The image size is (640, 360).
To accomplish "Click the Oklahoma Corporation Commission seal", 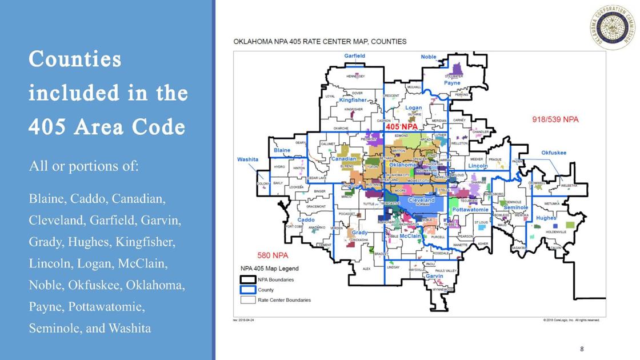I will click(613, 27).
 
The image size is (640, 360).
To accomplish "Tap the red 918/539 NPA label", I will click(555, 119).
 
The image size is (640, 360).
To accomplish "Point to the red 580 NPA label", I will click(272, 255).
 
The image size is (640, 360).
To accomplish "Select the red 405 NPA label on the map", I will click(402, 126).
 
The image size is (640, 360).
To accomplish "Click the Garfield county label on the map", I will click(354, 56).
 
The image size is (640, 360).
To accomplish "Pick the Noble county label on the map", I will click(429, 57).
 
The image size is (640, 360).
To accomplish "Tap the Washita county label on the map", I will click(247, 159).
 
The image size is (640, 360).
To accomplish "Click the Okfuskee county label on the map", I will click(554, 153).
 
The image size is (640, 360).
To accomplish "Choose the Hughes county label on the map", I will click(546, 218).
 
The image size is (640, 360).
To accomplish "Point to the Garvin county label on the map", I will click(434, 277).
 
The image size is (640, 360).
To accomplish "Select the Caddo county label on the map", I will click(306, 220).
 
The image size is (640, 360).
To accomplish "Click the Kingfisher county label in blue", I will click(353, 100).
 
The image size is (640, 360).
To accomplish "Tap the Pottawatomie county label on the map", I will click(470, 210).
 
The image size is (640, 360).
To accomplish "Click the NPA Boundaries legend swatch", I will click(247, 279).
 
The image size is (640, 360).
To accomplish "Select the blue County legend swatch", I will click(247, 290).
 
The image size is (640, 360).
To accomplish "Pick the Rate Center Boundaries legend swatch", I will click(247, 299).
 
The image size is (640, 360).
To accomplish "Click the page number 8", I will click(582, 349).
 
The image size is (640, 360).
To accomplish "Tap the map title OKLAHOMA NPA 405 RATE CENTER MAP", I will click(320, 42).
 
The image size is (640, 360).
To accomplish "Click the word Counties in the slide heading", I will click(75, 59).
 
